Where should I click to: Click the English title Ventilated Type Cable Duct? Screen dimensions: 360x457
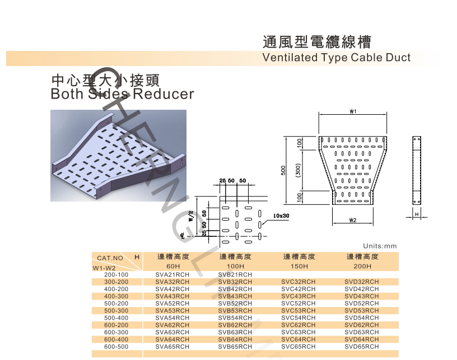[x=336, y=58]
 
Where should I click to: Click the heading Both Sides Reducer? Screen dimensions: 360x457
[x=122, y=93]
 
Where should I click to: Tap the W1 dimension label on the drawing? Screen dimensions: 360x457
[x=353, y=112]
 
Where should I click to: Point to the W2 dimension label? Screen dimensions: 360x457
[x=352, y=219]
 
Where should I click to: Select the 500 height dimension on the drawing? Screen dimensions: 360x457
[x=284, y=170]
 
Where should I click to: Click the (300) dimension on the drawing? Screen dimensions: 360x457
[x=300, y=169]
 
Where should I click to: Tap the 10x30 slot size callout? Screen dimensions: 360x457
[x=281, y=215]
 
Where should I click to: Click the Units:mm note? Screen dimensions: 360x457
[x=379, y=246]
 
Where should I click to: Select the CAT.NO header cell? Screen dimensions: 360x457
[x=110, y=258]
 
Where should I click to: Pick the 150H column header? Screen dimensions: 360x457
[x=299, y=266]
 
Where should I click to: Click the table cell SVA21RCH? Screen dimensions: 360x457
[x=172, y=274]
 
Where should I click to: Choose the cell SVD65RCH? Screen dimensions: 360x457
[x=362, y=347]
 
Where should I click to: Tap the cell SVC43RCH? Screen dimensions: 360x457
[x=299, y=296]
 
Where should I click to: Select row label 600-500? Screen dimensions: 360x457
[x=116, y=347]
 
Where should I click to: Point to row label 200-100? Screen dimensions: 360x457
[x=116, y=274]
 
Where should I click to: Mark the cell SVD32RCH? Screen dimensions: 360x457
[x=362, y=282]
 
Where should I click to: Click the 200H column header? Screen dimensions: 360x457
[x=362, y=266]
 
